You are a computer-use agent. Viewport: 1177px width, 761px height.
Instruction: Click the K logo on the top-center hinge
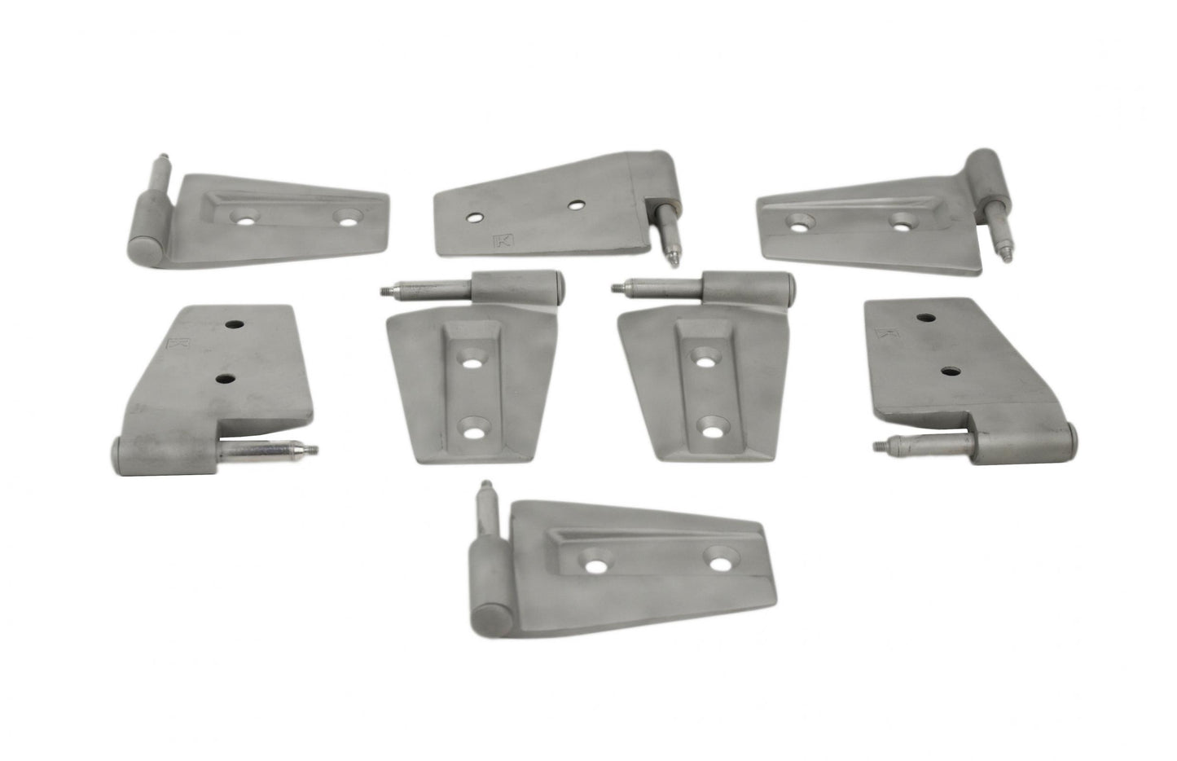pos(502,241)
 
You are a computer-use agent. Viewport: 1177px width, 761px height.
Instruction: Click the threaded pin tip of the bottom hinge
pos(485,486)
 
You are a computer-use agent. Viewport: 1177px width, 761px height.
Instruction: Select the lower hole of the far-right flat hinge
pos(949,371)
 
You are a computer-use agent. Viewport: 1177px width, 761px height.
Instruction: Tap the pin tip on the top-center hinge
pos(675,260)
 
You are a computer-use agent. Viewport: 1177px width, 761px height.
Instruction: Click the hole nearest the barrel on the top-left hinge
pos(241,217)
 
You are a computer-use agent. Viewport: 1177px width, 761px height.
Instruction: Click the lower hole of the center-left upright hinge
pos(472,428)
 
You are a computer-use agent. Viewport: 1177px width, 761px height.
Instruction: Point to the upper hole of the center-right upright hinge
pos(705,356)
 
